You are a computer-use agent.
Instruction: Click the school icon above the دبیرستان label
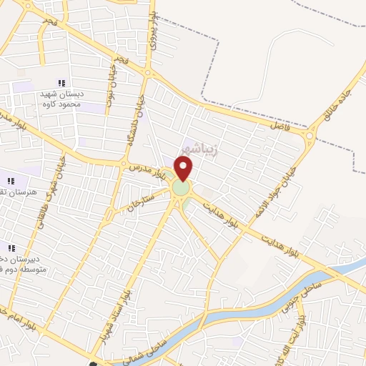(x=11, y=247)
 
